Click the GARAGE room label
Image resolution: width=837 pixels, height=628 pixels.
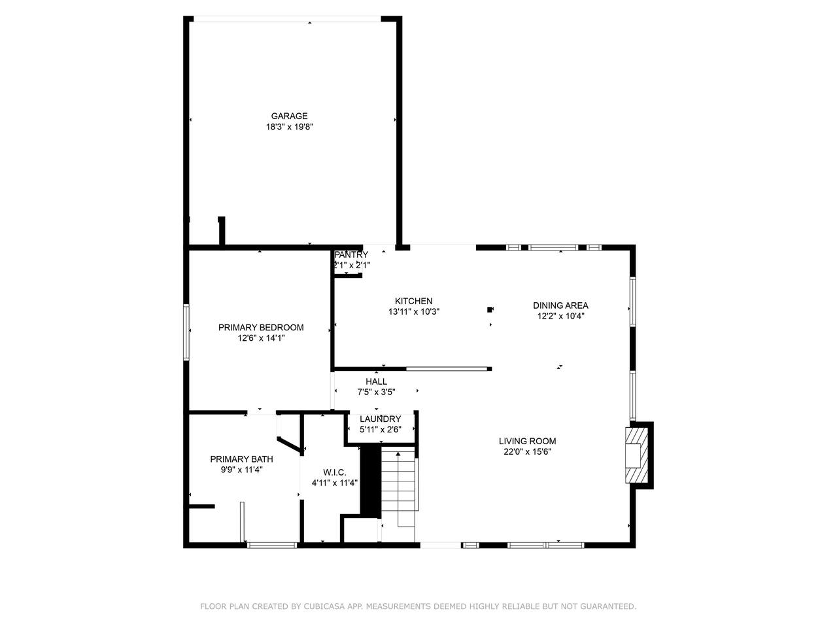[289, 116]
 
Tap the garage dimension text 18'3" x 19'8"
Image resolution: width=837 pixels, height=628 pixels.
[290, 127]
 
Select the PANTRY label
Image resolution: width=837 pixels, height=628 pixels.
[351, 254]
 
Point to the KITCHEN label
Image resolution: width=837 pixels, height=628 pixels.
[414, 301]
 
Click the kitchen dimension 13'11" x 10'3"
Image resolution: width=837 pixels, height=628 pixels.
[414, 312]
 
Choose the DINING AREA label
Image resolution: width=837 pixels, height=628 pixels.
[560, 305]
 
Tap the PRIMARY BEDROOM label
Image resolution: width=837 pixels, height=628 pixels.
[261, 328]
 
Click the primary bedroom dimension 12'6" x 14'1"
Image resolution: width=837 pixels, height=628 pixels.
[261, 338]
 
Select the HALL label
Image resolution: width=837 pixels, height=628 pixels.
[377, 381]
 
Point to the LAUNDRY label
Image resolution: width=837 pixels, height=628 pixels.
[380, 419]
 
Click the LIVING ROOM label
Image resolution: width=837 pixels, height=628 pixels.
[527, 441]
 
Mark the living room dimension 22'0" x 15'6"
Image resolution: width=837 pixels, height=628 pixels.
[527, 452]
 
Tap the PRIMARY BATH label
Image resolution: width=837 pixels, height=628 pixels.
[241, 459]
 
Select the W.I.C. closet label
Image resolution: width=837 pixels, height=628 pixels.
[334, 473]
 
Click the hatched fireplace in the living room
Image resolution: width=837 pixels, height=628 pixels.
[636, 455]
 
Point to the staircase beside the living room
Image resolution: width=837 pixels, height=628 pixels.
[398, 488]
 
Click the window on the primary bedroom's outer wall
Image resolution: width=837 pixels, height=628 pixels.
[186, 332]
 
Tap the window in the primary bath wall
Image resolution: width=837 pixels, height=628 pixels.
[272, 546]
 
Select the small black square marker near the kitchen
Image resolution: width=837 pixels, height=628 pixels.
[490, 309]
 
